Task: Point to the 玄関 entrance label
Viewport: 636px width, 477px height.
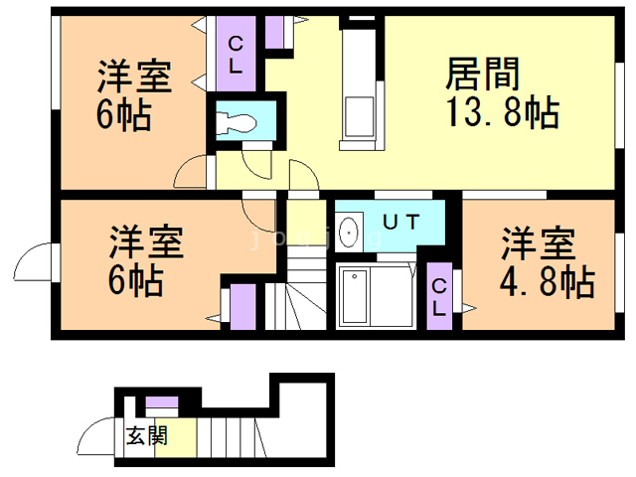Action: click(146, 436)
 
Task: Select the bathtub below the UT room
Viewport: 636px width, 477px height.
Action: click(366, 296)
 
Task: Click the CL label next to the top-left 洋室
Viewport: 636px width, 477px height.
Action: click(237, 55)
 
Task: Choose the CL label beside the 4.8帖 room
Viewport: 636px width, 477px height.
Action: click(438, 297)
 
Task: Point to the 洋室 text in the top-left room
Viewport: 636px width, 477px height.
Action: click(133, 77)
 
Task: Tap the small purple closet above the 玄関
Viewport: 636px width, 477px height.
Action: click(162, 405)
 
